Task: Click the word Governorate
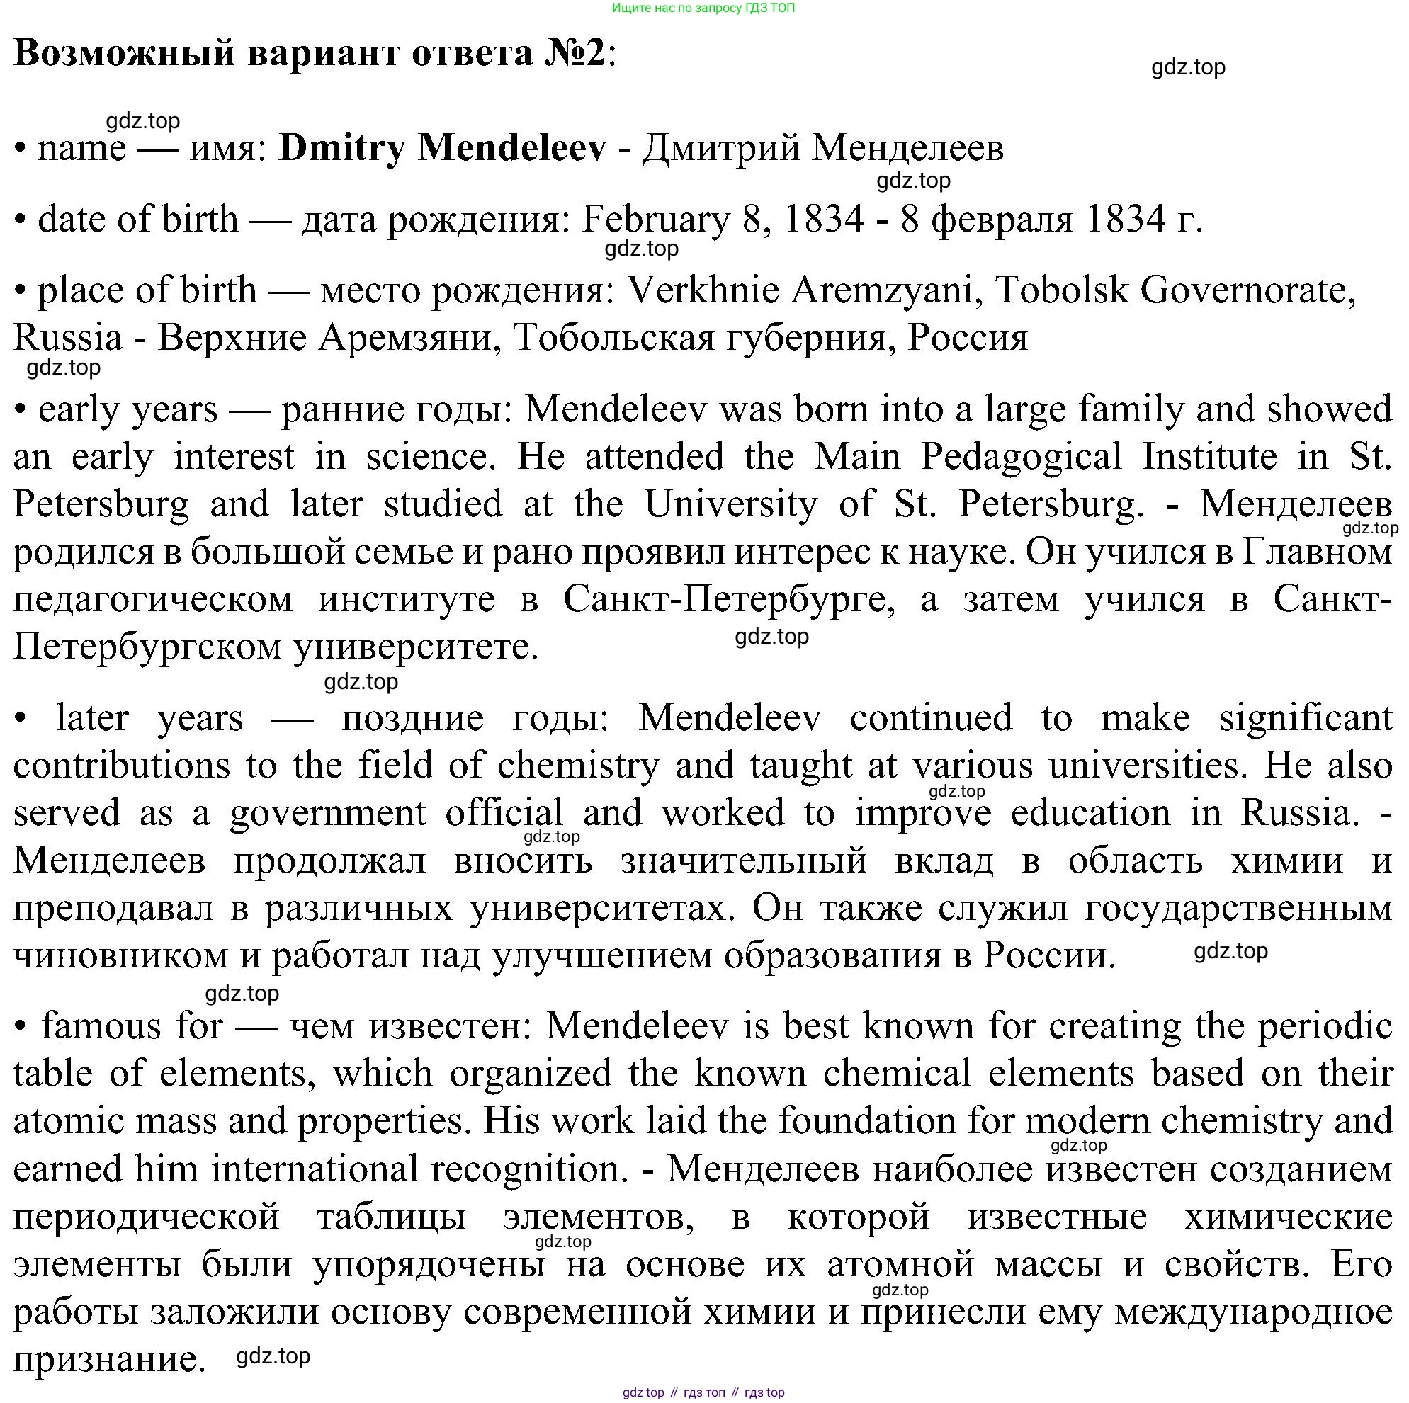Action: click(1247, 290)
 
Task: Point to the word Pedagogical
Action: click(1021, 457)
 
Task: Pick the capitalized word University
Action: click(731, 504)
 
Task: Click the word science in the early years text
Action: click(426, 457)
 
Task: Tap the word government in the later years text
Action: click(327, 813)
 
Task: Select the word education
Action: click(1090, 813)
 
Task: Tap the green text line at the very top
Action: click(703, 8)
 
